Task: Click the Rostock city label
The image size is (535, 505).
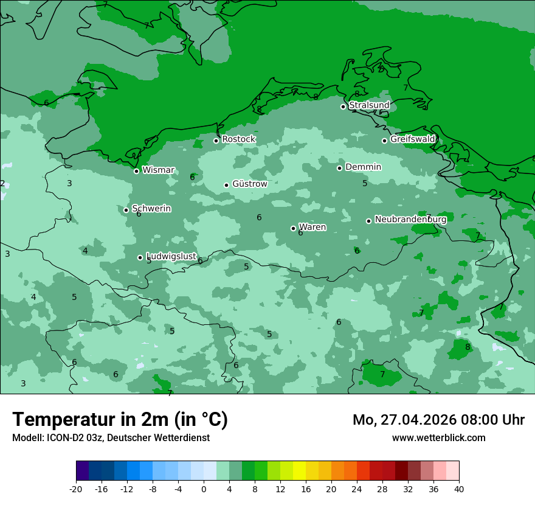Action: [238, 139]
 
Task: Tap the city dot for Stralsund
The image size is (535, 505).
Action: [343, 106]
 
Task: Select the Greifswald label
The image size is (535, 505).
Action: [412, 139]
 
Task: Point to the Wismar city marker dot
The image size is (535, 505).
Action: [137, 171]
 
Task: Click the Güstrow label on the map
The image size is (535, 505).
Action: [249, 184]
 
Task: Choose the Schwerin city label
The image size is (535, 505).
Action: [151, 209]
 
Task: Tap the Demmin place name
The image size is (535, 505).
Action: [363, 167]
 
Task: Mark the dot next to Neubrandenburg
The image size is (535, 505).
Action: [368, 221]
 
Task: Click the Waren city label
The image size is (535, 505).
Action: [312, 228]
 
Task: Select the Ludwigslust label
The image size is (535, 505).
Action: [171, 257]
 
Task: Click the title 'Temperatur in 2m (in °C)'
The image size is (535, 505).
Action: [120, 419]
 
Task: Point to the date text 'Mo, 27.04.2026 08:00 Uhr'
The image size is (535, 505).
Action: [438, 420]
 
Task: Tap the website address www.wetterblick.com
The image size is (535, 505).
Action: [438, 437]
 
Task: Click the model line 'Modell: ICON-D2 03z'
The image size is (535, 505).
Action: [111, 437]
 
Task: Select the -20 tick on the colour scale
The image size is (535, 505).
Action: [76, 489]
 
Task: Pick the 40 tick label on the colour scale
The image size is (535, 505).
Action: [459, 489]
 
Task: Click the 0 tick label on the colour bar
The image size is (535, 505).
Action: [204, 489]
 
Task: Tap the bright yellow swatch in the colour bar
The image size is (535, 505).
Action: [299, 471]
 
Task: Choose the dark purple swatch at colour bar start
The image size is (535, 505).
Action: [83, 471]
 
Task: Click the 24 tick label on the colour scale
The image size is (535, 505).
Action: [357, 489]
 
